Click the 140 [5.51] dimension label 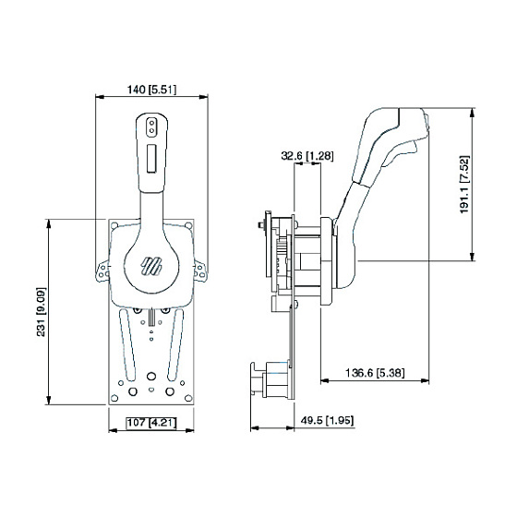[x=151, y=90]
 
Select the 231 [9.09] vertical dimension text [x=41, y=312]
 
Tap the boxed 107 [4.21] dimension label [x=151, y=423]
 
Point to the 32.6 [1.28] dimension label [x=307, y=155]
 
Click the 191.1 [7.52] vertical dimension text [x=464, y=185]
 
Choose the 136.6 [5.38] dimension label [x=375, y=373]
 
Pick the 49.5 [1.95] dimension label [x=327, y=420]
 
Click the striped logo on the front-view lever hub [x=151, y=266]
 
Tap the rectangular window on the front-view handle [x=151, y=158]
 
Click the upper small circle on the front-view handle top [x=151, y=124]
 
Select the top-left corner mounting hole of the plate [x=114, y=226]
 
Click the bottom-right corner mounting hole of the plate [x=188, y=398]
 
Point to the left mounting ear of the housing [x=102, y=271]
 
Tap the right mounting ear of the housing [x=200, y=271]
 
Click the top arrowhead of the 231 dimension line [x=49, y=223]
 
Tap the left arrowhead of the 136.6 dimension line [x=325, y=380]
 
